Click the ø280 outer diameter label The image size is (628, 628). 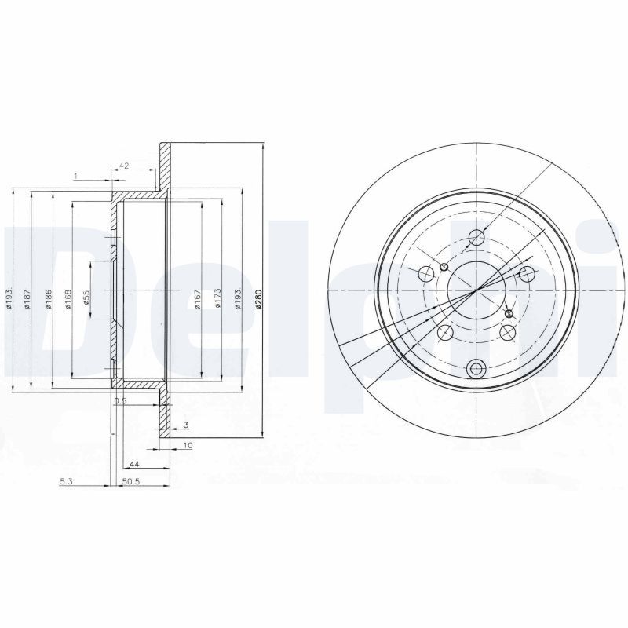click(258, 299)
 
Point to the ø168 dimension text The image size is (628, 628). click(68, 299)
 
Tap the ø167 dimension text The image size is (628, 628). click(197, 299)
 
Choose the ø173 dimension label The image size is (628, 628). click(217, 299)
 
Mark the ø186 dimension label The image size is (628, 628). click(48, 299)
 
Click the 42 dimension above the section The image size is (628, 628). click(123, 166)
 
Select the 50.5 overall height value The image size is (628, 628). click(131, 484)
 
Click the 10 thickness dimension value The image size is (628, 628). click(188, 446)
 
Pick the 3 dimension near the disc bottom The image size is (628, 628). click(185, 425)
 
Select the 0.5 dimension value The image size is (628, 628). click(120, 401)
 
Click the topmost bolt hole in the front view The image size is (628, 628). click(476, 237)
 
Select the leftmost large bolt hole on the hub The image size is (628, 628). click(426, 273)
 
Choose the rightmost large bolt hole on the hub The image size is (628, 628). click(528, 273)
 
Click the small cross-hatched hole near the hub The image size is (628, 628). click(509, 313)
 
